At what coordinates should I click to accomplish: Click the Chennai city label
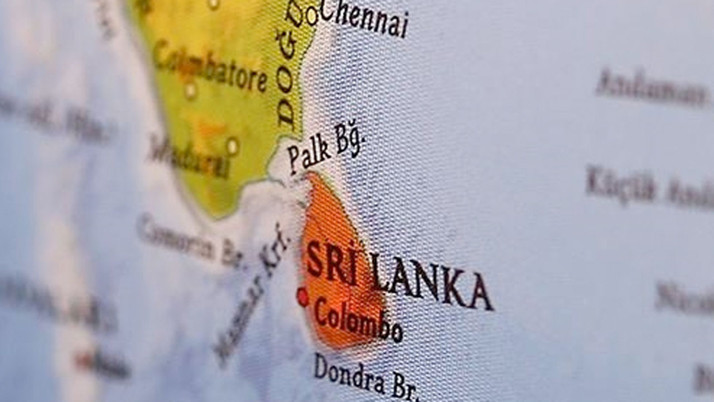(x=366, y=17)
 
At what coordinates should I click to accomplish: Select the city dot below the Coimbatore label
(x=190, y=90)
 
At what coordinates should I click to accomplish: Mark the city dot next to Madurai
(x=232, y=146)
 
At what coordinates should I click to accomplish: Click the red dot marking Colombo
(x=302, y=296)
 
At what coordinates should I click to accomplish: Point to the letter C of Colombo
(x=322, y=311)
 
